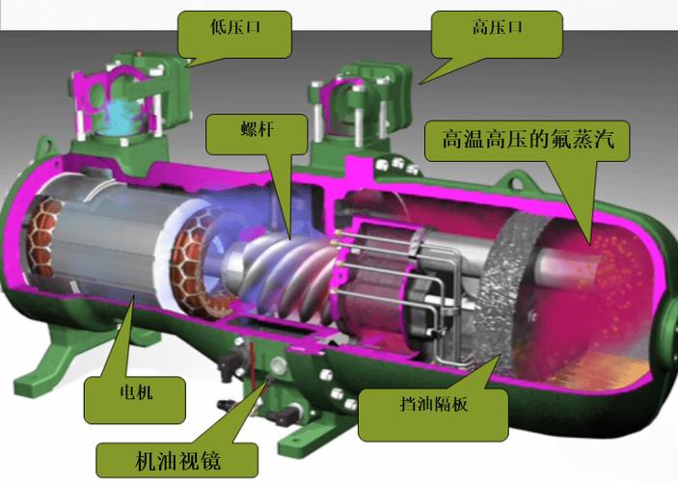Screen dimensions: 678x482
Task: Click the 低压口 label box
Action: pyautogui.click(x=234, y=34)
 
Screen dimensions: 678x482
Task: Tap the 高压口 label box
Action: pyautogui.click(x=498, y=34)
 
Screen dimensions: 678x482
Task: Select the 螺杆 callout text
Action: pyautogui.click(x=258, y=129)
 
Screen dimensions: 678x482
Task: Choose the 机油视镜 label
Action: pyautogui.click(x=177, y=461)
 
